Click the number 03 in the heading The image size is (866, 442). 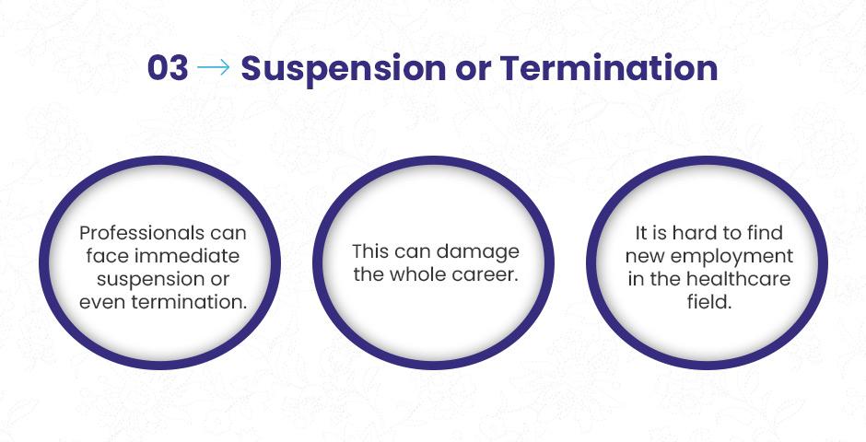[x=168, y=68]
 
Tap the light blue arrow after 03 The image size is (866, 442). [x=214, y=68]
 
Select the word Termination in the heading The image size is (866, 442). [x=609, y=68]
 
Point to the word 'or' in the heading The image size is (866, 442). [x=473, y=72]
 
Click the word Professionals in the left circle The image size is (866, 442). [x=135, y=233]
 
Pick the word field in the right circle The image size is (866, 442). [x=709, y=302]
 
